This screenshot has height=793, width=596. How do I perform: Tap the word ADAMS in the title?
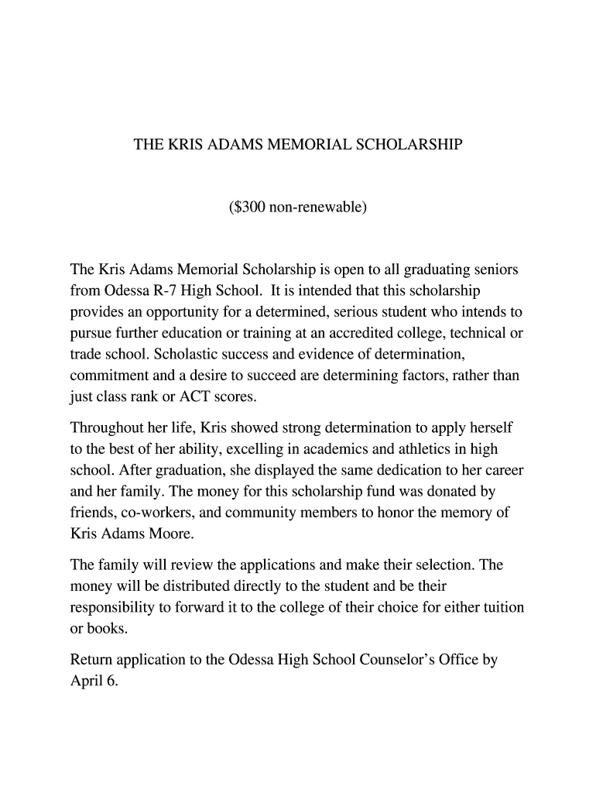pos(233,145)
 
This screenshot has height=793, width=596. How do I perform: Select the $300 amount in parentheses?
pos(248,208)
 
